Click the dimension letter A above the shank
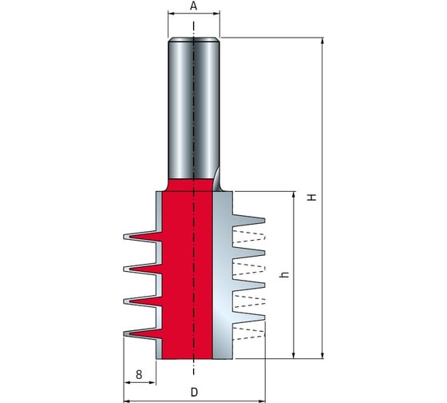point(193,6)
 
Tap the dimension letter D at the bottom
point(194,392)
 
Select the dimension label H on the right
point(312,198)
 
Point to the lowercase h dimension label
point(285,274)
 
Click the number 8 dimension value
point(139,374)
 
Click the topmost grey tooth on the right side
point(249,220)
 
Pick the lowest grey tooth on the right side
point(249,317)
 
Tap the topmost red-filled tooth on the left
point(144,237)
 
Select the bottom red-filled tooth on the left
point(144,333)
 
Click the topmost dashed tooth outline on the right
point(249,236)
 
